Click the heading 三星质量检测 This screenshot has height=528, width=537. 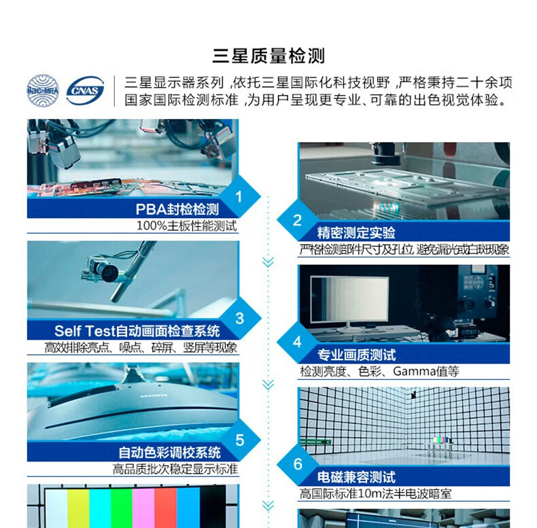coord(268,56)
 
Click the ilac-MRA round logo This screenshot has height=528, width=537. coord(43,91)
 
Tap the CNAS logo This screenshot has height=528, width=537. coord(85,91)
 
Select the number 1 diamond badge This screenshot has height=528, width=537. coord(239,196)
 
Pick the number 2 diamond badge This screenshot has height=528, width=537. coord(297,220)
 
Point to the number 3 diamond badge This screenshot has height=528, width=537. coord(240,319)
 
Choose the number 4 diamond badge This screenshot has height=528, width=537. coord(297,342)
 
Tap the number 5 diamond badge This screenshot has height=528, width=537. coord(240,440)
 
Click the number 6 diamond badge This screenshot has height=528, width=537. coord(298,464)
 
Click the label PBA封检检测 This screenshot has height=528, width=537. coord(177,209)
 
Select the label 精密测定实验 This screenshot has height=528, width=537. coord(356,233)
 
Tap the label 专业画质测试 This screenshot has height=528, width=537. coord(356,355)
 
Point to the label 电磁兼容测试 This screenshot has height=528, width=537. coord(356,477)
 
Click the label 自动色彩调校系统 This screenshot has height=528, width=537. coord(169,453)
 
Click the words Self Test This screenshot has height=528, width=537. coord(84,331)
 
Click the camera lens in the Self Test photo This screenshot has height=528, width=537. coord(108,272)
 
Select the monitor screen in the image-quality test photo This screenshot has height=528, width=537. coord(349,298)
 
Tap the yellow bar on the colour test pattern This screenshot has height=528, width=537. coord(78,508)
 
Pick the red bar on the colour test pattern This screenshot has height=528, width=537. coord(165,508)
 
